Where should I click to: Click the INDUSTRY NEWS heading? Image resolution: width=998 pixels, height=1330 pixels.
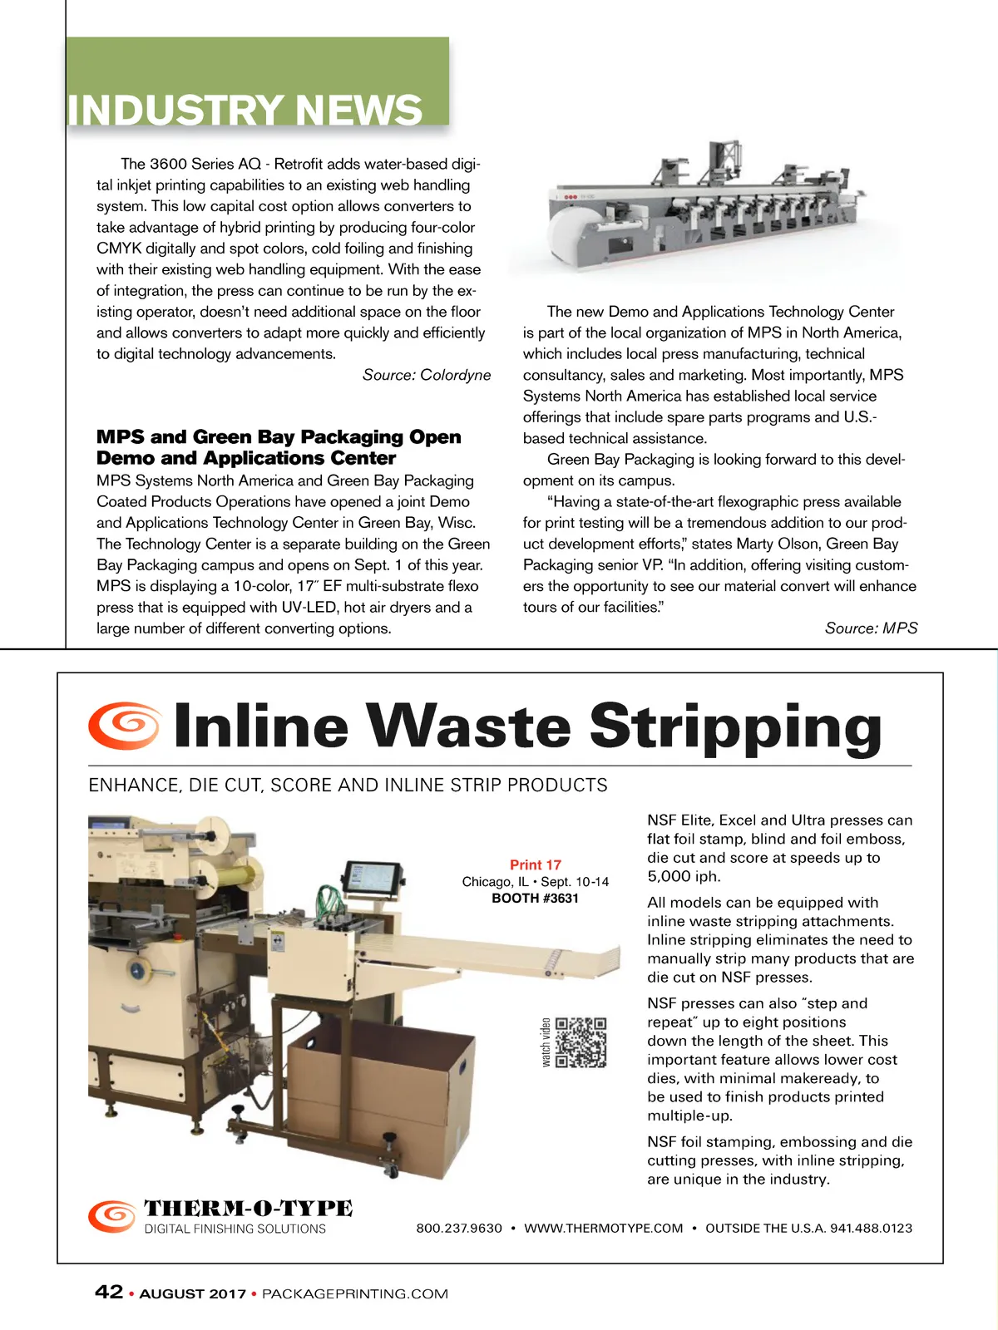[x=245, y=110]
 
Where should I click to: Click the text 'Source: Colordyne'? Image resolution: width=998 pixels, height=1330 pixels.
[x=427, y=375]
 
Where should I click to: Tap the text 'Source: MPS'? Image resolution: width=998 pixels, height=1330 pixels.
[x=871, y=628]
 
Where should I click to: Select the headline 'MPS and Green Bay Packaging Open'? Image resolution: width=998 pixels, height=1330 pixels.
[x=279, y=437]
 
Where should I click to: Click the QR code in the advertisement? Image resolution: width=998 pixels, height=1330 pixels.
[x=581, y=1042]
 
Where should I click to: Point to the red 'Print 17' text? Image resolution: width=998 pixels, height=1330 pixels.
[x=536, y=864]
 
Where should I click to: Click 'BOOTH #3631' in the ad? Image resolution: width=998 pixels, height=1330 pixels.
[x=535, y=899]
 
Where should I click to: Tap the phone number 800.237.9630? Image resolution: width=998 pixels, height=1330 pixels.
[x=459, y=1229]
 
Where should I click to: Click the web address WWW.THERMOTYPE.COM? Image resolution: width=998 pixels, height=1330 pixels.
[x=604, y=1229]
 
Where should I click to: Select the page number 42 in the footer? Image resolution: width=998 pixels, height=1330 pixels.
[x=109, y=1292]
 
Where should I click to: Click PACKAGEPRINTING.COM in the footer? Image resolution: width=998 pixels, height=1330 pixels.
[x=355, y=1294]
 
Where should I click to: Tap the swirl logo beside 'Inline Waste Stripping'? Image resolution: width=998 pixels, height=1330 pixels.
[x=125, y=724]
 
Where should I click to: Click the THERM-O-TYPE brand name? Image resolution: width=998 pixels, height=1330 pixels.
[x=248, y=1209]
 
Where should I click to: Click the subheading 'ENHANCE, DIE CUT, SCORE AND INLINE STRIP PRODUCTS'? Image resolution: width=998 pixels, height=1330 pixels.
[x=348, y=786]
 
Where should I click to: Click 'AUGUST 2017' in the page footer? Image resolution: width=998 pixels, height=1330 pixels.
[x=193, y=1294]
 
